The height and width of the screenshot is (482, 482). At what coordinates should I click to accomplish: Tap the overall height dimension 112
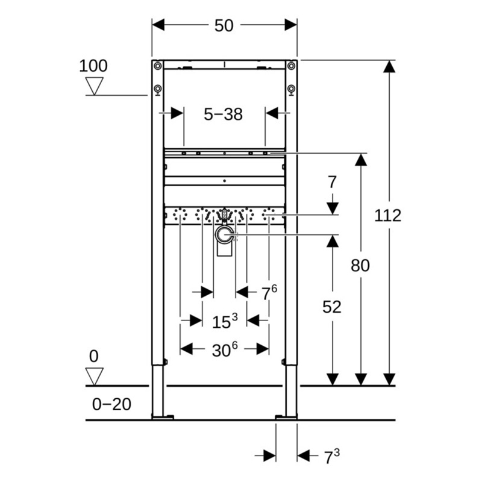coord(387,215)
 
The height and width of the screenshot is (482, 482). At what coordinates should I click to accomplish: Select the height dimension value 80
coord(360,265)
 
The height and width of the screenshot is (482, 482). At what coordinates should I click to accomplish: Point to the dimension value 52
coord(331,307)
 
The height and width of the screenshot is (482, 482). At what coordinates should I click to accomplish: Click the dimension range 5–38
coord(223,114)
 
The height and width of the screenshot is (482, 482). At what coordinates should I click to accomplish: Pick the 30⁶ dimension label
coord(224,350)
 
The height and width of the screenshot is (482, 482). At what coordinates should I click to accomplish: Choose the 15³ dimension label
coord(224,322)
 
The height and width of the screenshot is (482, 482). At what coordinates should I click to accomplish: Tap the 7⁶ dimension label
coord(268,293)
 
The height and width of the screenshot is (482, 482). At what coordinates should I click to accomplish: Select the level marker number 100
coord(93,66)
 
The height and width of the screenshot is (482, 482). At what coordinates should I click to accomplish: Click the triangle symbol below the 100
coord(94,86)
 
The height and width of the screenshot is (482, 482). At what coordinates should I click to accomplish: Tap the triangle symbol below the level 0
coord(94,377)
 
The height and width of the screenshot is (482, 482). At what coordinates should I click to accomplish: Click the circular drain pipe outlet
coord(225,236)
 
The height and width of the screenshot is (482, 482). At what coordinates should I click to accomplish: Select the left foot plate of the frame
coord(163,416)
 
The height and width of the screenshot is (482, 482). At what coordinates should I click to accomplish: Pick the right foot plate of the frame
coord(286,416)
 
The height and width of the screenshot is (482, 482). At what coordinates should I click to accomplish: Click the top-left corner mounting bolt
coord(157,66)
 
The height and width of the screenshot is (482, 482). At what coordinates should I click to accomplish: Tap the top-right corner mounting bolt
coord(291,66)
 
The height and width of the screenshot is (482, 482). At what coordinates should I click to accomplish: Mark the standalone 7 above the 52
coord(331,181)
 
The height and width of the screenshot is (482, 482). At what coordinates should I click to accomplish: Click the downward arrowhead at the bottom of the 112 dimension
coord(390,379)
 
